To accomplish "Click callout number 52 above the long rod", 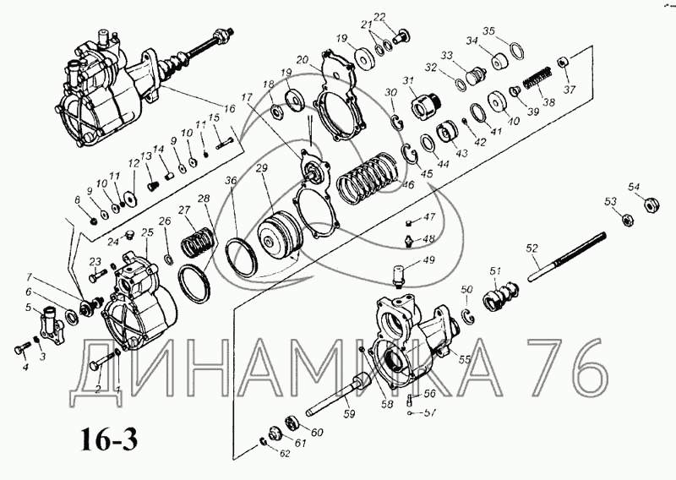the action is coord(532,248).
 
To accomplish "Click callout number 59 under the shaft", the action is coord(349,414).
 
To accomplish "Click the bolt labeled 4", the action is coord(19,349).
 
